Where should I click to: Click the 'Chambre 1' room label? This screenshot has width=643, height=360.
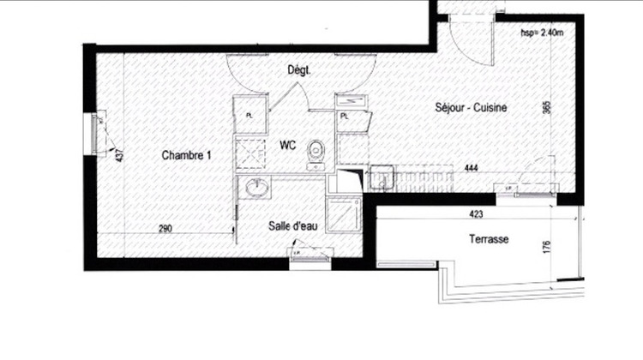tap(187, 155)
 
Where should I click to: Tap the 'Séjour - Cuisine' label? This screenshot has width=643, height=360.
tap(472, 108)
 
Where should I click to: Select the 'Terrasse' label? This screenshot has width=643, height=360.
tap(488, 240)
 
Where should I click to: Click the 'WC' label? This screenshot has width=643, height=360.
tap(286, 147)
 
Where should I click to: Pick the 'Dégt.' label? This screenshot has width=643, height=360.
tap(298, 72)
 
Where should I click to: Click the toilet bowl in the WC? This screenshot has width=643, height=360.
tap(317, 152)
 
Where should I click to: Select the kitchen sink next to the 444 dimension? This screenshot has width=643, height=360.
tap(380, 181)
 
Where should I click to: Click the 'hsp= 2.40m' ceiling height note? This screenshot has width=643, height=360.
tap(542, 33)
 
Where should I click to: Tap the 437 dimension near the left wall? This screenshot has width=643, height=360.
tap(120, 155)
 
